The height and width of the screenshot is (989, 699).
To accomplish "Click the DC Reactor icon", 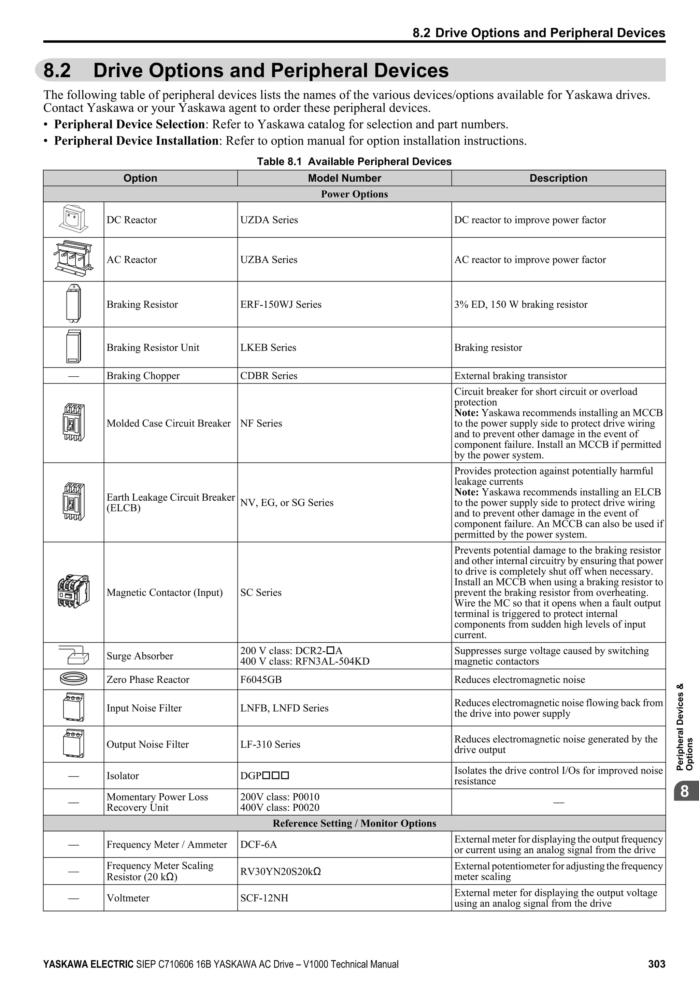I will tap(73, 219).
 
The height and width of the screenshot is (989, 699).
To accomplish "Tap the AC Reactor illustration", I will tap(73, 259).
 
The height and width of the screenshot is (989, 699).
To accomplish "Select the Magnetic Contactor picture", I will tap(73, 592).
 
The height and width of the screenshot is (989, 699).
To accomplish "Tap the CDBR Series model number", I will tap(269, 376).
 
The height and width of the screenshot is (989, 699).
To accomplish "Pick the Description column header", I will tap(558, 178).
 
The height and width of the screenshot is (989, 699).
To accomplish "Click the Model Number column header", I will tap(344, 178).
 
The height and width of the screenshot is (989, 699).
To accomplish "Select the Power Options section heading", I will tap(354, 194).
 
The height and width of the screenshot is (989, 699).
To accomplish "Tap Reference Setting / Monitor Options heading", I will tap(354, 823).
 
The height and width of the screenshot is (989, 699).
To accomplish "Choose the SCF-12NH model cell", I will tap(264, 898).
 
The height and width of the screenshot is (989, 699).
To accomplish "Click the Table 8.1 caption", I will tap(354, 162).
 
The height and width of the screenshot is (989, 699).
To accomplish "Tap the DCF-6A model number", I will tap(259, 844).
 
